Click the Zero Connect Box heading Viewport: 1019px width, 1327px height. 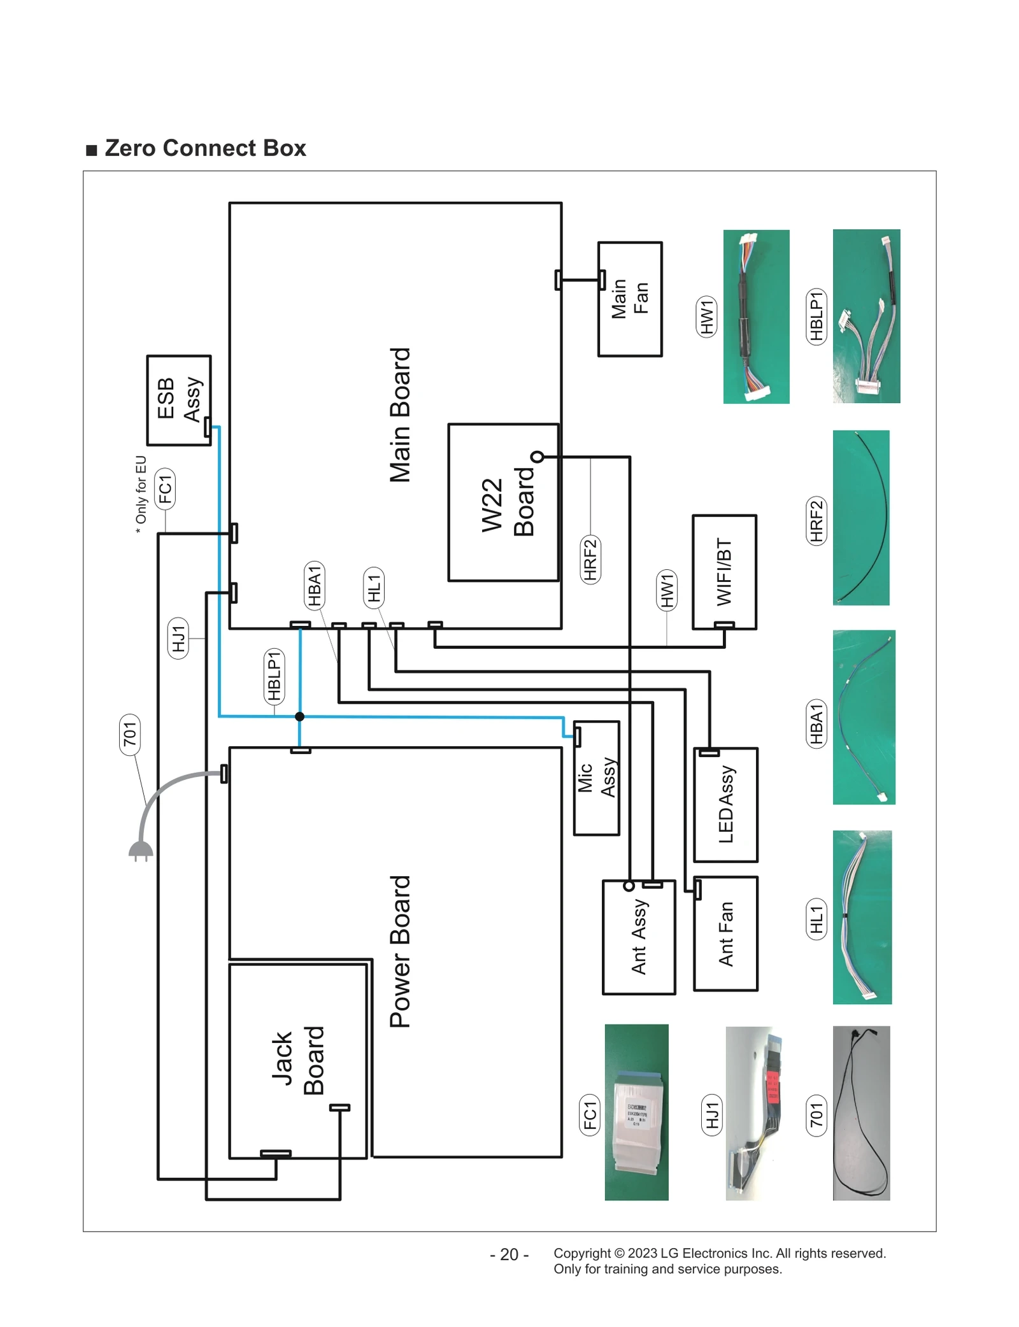tap(204, 148)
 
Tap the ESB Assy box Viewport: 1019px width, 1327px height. tap(178, 400)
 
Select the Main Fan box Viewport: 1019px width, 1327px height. tap(629, 299)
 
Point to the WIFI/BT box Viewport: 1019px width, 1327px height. tap(724, 572)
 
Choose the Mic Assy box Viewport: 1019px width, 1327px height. tap(596, 777)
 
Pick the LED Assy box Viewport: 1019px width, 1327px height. tap(725, 805)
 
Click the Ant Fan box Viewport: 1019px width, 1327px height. tap(725, 933)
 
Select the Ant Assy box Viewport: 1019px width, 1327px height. tap(638, 937)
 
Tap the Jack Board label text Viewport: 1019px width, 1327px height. tap(297, 1060)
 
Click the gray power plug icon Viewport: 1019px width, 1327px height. tap(141, 849)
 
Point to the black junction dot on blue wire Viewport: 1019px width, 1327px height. tap(299, 716)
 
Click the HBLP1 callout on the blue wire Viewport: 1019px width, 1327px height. tap(274, 676)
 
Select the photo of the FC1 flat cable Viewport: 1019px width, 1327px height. tap(636, 1112)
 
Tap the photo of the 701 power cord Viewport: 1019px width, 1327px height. tap(861, 1112)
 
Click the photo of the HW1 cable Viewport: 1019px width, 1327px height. tap(756, 316)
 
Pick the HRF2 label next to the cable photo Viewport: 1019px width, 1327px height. tap(816, 520)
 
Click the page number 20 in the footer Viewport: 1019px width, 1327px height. tap(509, 1254)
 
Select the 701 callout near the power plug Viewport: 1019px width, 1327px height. tap(130, 734)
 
